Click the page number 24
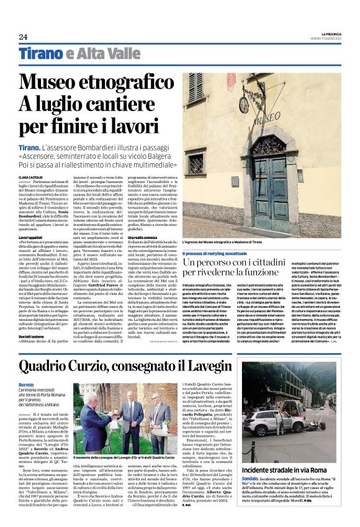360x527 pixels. point(23,37)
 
